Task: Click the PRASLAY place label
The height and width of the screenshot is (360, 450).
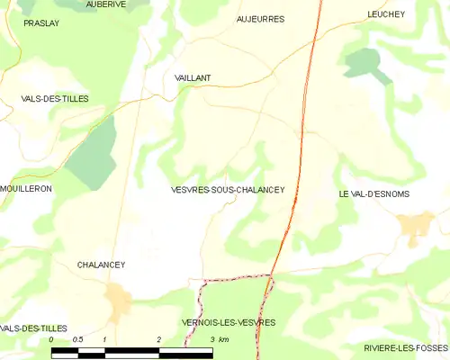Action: [x=41, y=23]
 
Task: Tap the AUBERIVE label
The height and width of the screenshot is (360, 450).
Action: [x=105, y=4]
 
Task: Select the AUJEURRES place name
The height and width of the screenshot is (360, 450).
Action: [x=260, y=19]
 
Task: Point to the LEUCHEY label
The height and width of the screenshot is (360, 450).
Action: [x=386, y=14]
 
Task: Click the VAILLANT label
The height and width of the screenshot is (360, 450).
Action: [x=193, y=78]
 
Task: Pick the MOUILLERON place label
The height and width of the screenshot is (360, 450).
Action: [x=26, y=188]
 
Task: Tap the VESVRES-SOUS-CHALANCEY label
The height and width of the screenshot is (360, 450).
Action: [x=228, y=190]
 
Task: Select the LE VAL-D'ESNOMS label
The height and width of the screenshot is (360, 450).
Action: [x=373, y=193]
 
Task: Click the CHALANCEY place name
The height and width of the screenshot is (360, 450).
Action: [x=101, y=265]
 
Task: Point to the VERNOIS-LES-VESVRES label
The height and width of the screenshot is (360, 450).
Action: [x=228, y=322]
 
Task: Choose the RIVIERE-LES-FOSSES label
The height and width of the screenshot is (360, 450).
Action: [x=407, y=347]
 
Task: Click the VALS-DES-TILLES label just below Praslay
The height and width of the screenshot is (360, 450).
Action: [x=55, y=99]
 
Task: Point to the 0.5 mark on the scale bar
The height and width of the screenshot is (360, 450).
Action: [x=77, y=339]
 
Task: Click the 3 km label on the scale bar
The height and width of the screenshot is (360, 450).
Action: [x=220, y=339]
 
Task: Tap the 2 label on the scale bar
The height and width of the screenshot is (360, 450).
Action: [x=158, y=339]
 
